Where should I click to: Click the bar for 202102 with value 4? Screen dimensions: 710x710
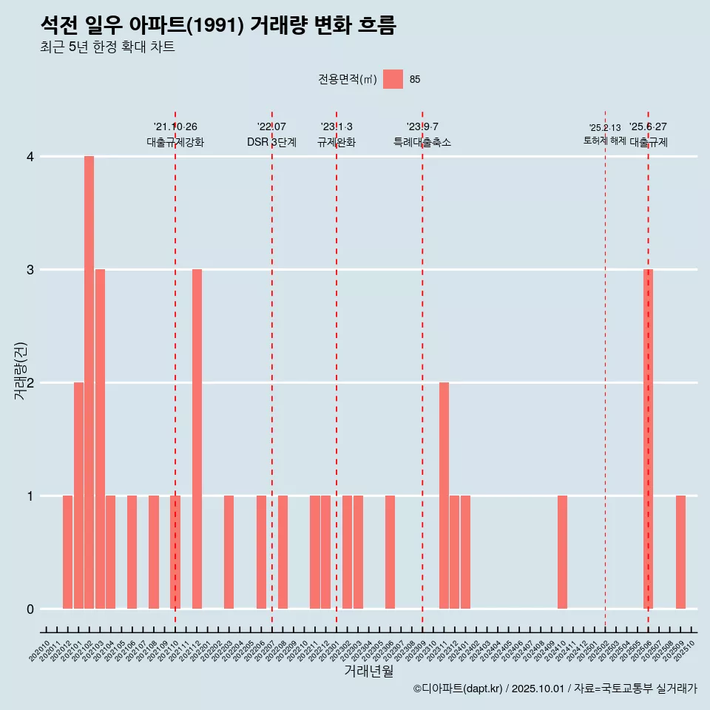[89, 382]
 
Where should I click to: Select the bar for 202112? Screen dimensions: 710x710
[197, 439]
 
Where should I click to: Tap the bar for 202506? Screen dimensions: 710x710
[648, 439]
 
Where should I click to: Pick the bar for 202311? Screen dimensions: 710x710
[444, 496]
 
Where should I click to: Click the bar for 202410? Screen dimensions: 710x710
[562, 552]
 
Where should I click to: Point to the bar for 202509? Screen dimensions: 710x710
[680, 552]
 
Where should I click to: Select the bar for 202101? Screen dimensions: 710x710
[78, 496]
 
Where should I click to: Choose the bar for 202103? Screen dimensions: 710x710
[100, 439]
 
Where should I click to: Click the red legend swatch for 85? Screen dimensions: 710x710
[393, 79]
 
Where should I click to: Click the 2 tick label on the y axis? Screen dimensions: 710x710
[30, 383]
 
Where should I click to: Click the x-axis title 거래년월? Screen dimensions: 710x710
[368, 672]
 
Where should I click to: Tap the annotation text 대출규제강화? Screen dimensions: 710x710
[175, 143]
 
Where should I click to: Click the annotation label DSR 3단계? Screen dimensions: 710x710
[271, 143]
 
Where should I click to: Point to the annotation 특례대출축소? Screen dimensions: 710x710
[422, 143]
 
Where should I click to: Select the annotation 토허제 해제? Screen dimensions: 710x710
[605, 141]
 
